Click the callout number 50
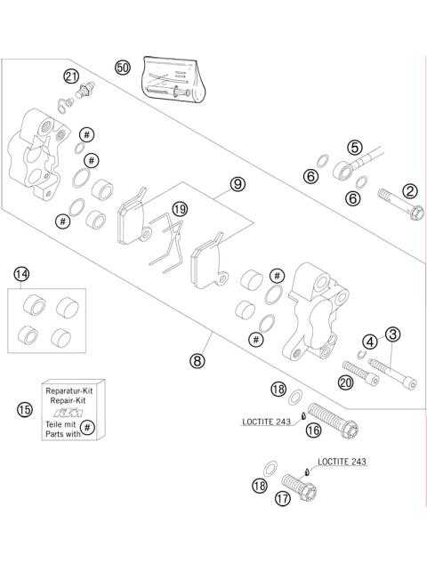click(x=123, y=68)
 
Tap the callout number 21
click(x=71, y=76)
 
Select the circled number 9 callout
click(x=238, y=184)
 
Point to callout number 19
click(x=180, y=209)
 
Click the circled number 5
click(x=355, y=148)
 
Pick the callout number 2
click(x=410, y=191)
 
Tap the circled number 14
click(x=21, y=275)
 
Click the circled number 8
click(x=197, y=360)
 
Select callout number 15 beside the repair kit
click(x=24, y=410)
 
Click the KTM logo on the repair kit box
click(x=68, y=412)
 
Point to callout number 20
click(x=345, y=382)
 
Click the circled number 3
click(x=392, y=334)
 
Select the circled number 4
click(x=370, y=342)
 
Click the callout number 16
click(x=313, y=430)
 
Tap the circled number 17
click(x=283, y=498)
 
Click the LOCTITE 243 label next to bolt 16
click(x=267, y=422)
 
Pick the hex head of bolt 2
click(x=417, y=213)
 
